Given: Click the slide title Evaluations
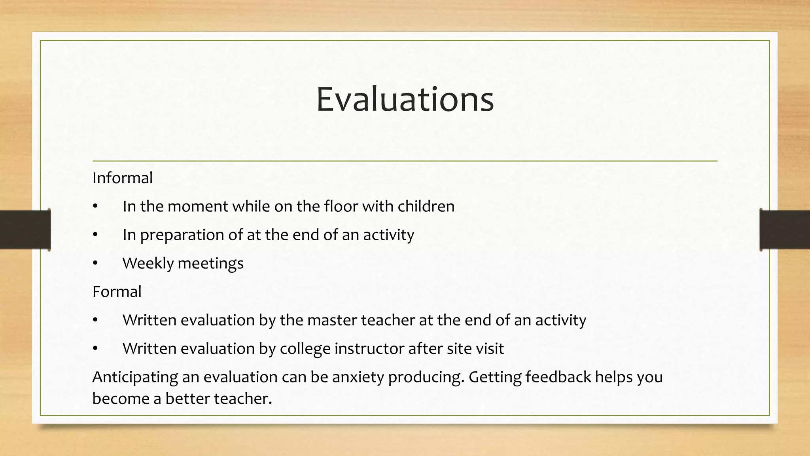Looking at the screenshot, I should [405, 100].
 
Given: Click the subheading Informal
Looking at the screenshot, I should [122, 178].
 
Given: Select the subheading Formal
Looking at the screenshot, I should [117, 292].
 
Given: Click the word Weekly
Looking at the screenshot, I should [148, 263].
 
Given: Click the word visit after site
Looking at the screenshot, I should [490, 349].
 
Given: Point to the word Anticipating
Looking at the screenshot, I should [135, 377].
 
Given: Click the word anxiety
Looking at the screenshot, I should [358, 377].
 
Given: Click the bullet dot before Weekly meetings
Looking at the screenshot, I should [95, 264].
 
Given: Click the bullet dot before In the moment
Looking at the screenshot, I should [95, 207].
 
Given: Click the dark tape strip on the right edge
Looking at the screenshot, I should [785, 230].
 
